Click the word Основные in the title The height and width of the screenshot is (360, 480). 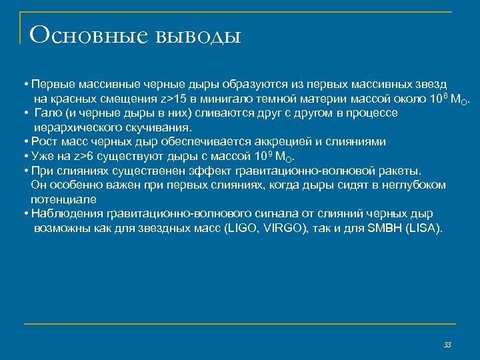(x=88, y=34)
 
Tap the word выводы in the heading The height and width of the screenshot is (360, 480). (x=197, y=35)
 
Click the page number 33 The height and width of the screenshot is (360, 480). (x=447, y=345)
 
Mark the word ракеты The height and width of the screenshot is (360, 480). (x=399, y=171)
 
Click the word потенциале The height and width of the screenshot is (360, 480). (x=63, y=199)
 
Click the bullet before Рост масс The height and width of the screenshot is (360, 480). (x=24, y=142)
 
